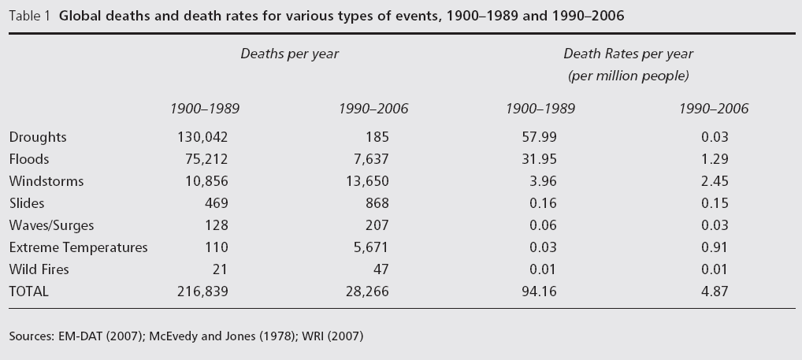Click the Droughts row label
pos(38,137)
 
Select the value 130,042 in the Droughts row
pos(202,137)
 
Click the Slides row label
pos(27,203)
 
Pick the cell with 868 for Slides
pos(377,203)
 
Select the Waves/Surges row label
pos(52,225)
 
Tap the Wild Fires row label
pos(39,269)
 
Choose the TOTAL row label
pos(28,291)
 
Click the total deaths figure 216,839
pos(202,291)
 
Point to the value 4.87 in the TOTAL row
pos(715,291)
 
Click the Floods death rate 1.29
pos(715,159)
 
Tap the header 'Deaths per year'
pos(289,54)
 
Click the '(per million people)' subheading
pos(629,76)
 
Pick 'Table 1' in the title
pos(30,16)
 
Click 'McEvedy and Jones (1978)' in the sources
pos(222,336)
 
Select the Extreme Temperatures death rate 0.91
pos(715,247)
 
